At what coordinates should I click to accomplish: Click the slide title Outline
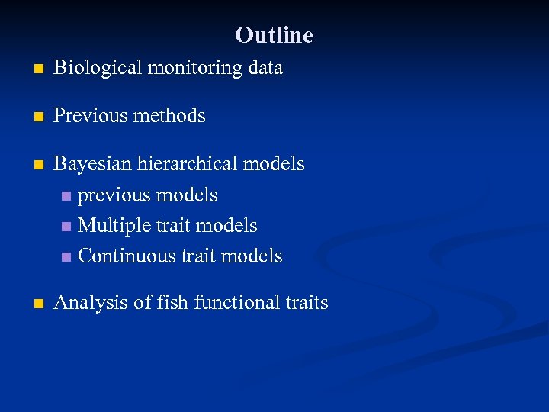(x=274, y=35)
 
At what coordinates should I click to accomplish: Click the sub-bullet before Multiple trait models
(x=68, y=227)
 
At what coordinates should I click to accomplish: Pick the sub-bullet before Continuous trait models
(x=68, y=257)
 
